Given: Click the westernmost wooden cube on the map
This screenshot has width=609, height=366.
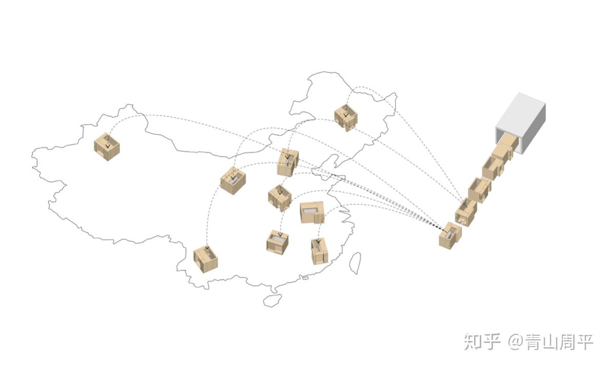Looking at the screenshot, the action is [x=107, y=147].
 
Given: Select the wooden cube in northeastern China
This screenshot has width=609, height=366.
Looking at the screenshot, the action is [x=346, y=117].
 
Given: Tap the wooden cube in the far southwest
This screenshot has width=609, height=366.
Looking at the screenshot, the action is [x=206, y=259].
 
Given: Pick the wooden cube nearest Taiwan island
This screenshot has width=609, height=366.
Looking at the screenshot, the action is [x=319, y=251].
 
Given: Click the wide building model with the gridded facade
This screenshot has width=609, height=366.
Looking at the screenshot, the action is [x=312, y=212].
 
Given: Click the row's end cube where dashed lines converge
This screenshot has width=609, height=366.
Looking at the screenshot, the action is [x=450, y=235].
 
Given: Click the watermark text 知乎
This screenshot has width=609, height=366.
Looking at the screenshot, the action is [x=482, y=341].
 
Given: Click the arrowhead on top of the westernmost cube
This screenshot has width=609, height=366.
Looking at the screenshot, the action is [x=108, y=145].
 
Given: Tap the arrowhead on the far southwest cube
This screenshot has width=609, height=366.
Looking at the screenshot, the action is [x=207, y=250].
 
